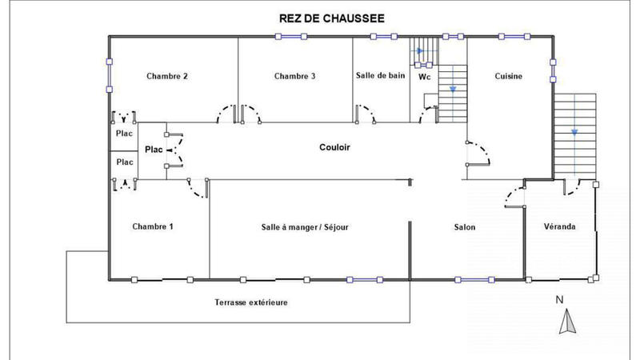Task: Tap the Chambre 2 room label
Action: point(167,77)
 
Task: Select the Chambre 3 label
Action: point(294,77)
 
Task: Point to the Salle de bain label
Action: point(380,76)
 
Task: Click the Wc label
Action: point(425,78)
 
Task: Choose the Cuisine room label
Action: point(508,77)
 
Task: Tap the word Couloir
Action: point(334,148)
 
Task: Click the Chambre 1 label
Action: point(153,227)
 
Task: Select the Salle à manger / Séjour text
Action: point(305,227)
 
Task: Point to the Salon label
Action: point(465,227)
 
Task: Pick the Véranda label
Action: point(559,227)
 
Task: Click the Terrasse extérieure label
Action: point(251,303)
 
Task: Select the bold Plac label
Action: point(154,150)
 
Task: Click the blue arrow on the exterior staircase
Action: point(574,132)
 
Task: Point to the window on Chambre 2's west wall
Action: point(109,78)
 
